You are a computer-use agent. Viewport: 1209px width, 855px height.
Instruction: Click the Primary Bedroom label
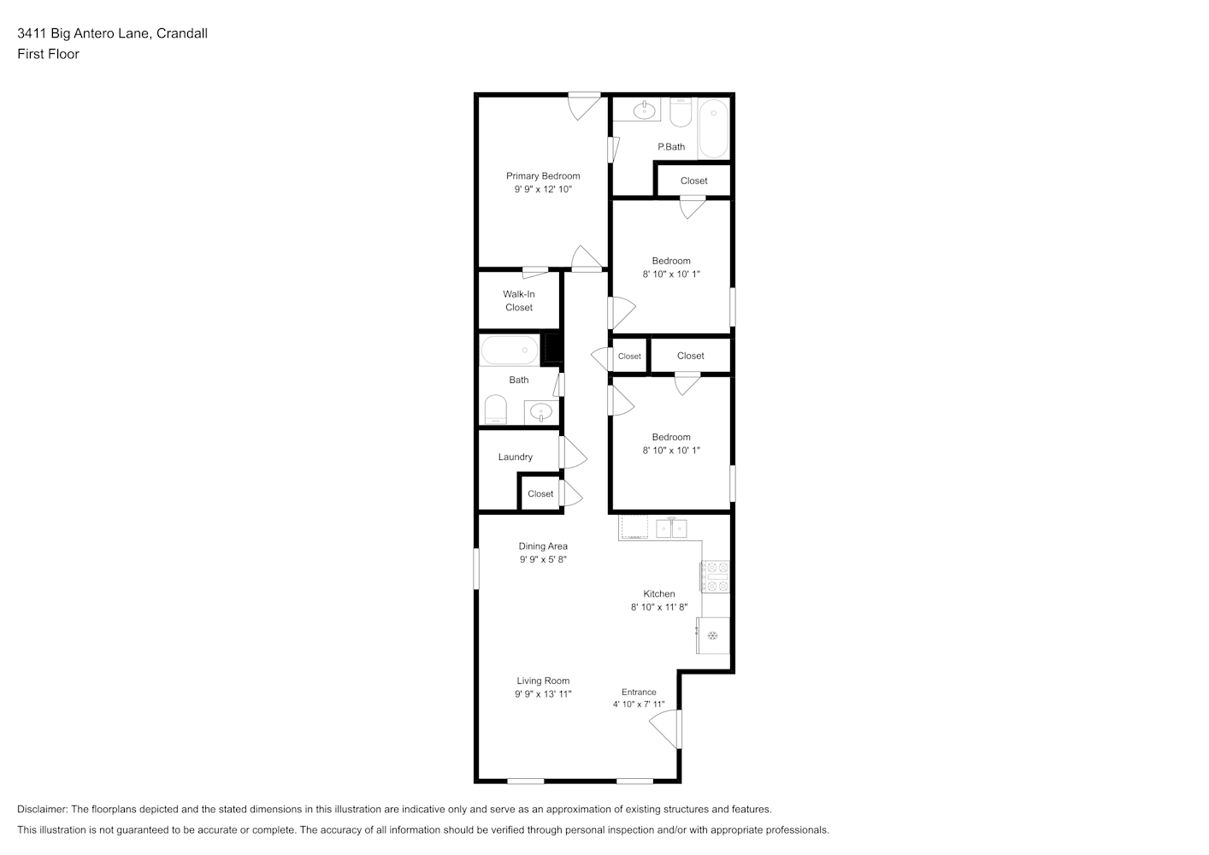pyautogui.click(x=543, y=176)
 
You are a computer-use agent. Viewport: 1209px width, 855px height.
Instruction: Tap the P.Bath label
pyautogui.click(x=671, y=147)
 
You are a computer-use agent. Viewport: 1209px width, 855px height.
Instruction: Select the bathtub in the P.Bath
pyautogui.click(x=714, y=128)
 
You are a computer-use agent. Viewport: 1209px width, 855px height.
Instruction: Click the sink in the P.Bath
pyautogui.click(x=644, y=110)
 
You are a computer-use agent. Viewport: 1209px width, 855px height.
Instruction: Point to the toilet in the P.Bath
pyautogui.click(x=681, y=112)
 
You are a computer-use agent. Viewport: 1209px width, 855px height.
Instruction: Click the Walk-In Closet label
pyautogui.click(x=519, y=301)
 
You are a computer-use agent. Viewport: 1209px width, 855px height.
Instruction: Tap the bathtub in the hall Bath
pyautogui.click(x=510, y=350)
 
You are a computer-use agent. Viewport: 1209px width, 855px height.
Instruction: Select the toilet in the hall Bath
pyautogui.click(x=495, y=410)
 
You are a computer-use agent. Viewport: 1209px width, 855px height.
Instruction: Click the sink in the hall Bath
pyautogui.click(x=541, y=412)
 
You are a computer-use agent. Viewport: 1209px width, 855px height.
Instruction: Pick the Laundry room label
pyautogui.click(x=516, y=457)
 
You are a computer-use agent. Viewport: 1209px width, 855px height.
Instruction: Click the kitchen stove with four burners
pyautogui.click(x=715, y=576)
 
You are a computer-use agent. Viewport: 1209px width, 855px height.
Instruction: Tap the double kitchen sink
pyautogui.click(x=671, y=528)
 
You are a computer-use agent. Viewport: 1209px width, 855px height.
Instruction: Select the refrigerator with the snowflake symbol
pyautogui.click(x=712, y=635)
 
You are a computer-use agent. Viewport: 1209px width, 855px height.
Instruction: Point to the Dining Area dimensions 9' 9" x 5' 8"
pyautogui.click(x=543, y=560)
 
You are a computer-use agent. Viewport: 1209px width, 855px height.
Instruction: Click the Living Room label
pyautogui.click(x=543, y=681)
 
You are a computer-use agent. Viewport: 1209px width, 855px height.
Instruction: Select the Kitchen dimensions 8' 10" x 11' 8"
pyautogui.click(x=659, y=607)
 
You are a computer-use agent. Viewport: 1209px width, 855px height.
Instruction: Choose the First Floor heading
pyautogui.click(x=48, y=54)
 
